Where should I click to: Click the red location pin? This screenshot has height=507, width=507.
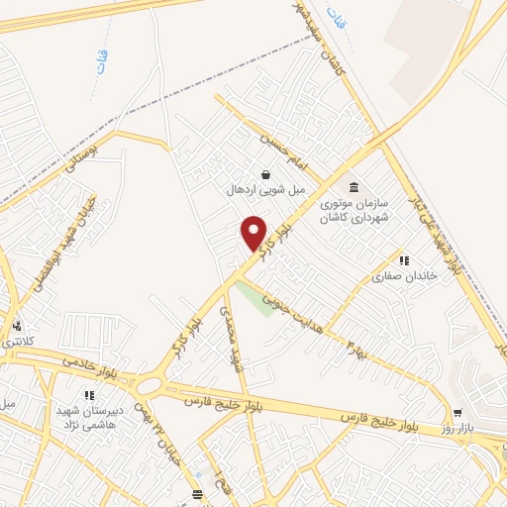tap(254, 233)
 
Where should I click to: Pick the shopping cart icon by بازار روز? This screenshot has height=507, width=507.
tap(457, 413)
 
